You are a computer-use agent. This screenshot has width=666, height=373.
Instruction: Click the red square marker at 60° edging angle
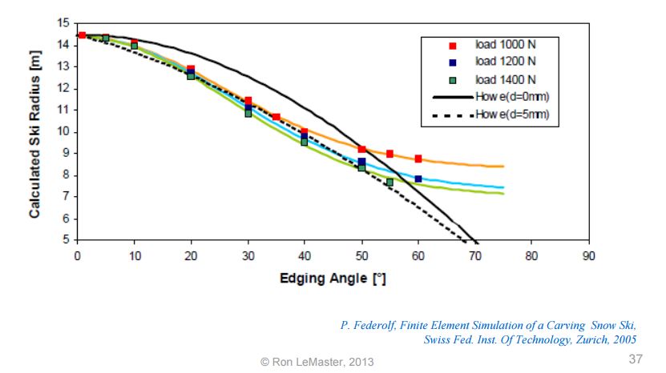tap(418, 158)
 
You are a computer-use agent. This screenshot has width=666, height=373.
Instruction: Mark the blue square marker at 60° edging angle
tap(418, 179)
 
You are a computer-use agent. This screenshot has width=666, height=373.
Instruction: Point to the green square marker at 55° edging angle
tap(390, 182)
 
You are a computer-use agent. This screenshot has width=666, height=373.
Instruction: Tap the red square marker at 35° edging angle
tap(276, 117)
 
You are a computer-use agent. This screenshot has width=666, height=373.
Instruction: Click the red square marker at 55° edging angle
tap(390, 154)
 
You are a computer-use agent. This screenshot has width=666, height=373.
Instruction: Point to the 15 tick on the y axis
tap(64, 23)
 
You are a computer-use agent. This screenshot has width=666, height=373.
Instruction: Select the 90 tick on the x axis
tap(588, 257)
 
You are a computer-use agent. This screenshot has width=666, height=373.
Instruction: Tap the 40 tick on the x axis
tap(305, 257)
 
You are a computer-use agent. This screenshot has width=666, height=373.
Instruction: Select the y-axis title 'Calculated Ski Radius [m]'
tap(35, 132)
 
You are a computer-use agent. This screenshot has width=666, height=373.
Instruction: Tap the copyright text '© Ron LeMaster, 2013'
tap(317, 363)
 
